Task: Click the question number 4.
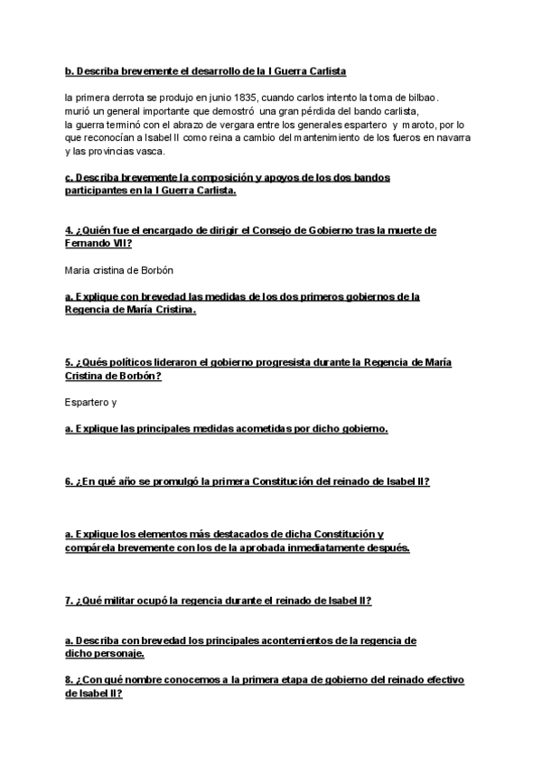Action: click(69, 231)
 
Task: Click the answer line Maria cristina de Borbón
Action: click(119, 270)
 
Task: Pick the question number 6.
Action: click(69, 481)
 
